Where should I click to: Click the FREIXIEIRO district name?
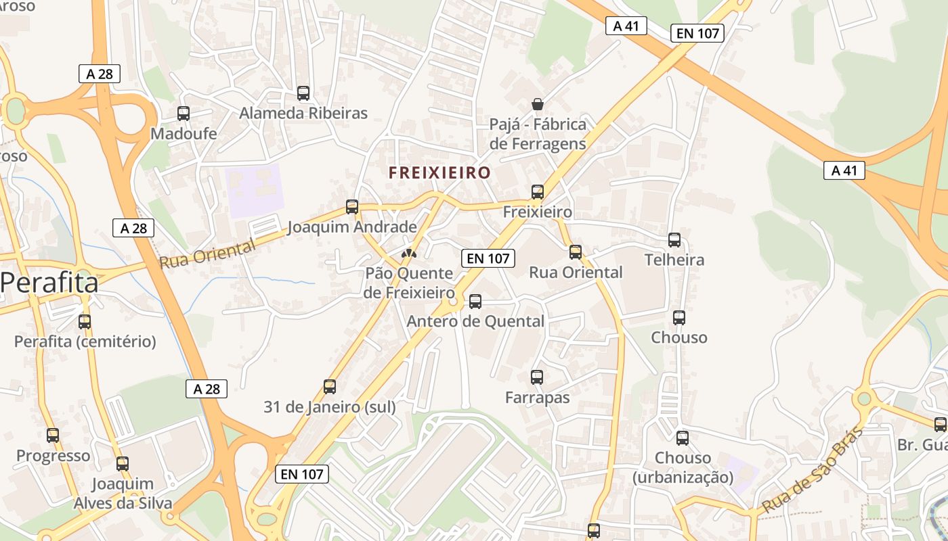pos(439,172)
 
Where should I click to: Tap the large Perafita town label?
pos(49,283)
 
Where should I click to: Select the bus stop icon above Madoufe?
pos(183,114)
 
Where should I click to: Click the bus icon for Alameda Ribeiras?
pos(303,93)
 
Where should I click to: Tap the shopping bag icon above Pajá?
pos(537,104)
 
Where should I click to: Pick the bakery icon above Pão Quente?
pos(408,254)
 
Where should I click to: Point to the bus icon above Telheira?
pos(674,239)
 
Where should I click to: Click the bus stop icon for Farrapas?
pos(536,377)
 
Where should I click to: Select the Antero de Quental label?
pos(475,321)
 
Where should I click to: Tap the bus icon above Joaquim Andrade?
pos(351,207)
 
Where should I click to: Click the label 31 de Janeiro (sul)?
pos(329,406)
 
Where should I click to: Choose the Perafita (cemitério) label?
pos(85,342)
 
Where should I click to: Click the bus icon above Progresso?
pos(53,436)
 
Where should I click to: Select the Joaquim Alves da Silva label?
pos(123,494)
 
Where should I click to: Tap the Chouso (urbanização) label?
pos(683,467)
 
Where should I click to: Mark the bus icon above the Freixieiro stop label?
pos(537,192)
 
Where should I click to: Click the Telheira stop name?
pos(674,260)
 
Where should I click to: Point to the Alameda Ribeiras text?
pos(303,113)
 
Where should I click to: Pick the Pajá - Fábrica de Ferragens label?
pos(538,134)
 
